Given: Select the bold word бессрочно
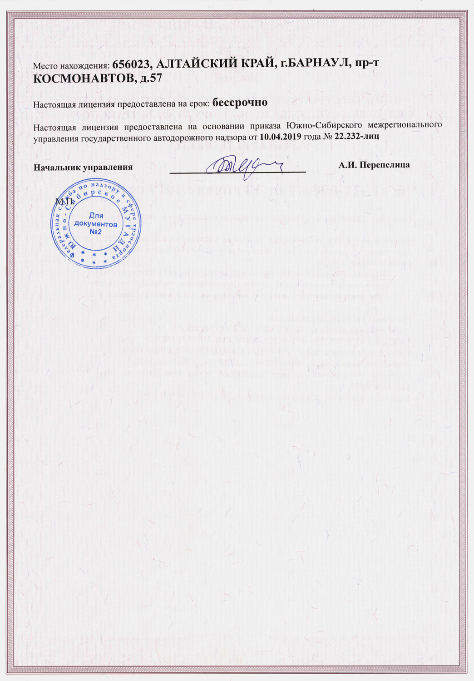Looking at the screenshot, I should (x=240, y=102).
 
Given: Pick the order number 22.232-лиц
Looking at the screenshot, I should (x=354, y=136).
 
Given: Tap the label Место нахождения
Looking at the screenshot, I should (x=71, y=66).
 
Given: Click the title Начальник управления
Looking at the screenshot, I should (x=83, y=167).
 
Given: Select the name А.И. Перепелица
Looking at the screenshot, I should (x=374, y=165).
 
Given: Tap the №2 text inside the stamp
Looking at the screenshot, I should (x=95, y=232).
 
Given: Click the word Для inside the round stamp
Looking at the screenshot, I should (x=95, y=216).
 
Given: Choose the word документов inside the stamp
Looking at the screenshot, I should (x=96, y=224).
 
